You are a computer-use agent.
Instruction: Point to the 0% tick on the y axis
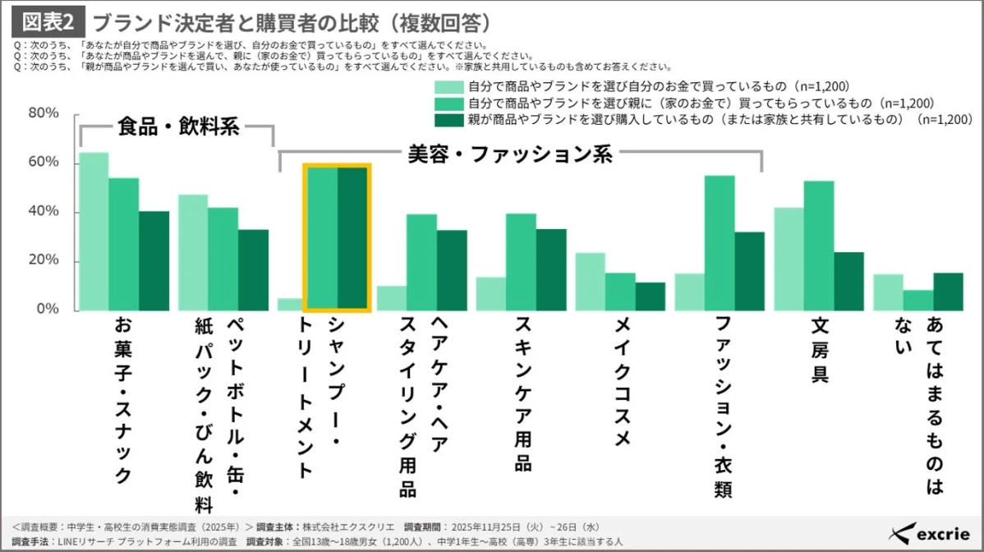(x=48, y=310)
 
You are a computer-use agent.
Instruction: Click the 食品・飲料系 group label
(x=177, y=126)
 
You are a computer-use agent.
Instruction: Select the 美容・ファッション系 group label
(x=510, y=154)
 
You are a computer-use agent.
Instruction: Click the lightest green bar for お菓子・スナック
(x=93, y=232)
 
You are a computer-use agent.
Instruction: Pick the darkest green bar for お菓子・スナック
(x=154, y=261)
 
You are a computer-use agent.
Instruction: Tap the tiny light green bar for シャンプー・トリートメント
(x=290, y=305)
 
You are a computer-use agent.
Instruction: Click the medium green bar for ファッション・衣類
(x=720, y=243)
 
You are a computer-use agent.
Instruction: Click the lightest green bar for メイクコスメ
(x=590, y=282)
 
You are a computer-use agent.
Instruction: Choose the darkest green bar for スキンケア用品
(x=551, y=270)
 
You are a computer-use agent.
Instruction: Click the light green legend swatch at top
(x=448, y=86)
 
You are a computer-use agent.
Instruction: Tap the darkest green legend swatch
(x=448, y=119)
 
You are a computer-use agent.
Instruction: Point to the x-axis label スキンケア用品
(x=523, y=395)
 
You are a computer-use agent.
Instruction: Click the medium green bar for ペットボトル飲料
(x=223, y=259)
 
